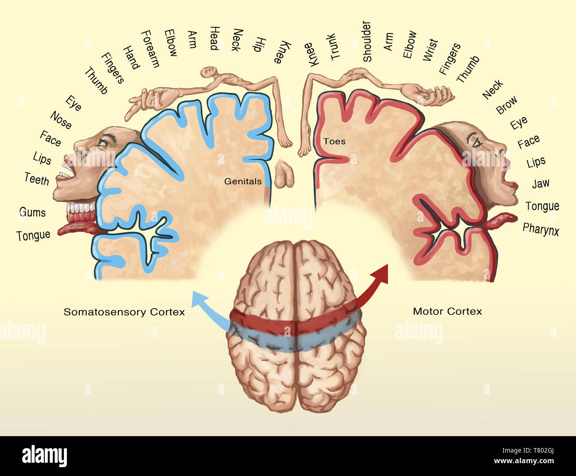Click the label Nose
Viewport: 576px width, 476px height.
pos(61,120)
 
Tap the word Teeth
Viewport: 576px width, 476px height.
pos(37,179)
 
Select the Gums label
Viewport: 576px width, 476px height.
pos(32,212)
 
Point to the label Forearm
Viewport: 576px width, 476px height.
pos(150,49)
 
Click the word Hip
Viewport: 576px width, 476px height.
pos(259,44)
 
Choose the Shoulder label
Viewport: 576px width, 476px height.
pos(367,41)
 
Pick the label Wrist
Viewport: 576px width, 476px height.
pos(430,50)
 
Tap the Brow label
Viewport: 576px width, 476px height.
pos(506,105)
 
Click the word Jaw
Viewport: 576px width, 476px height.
pos(541,183)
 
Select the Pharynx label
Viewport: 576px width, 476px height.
pos(541,229)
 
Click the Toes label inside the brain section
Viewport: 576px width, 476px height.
pos(334,141)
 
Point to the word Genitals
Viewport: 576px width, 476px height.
pos(243,181)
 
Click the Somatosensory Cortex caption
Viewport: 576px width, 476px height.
pos(124,312)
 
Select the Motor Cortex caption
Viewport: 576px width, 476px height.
pos(447,311)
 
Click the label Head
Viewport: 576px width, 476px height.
pos(214,38)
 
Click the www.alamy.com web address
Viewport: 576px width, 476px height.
pos(524,461)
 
